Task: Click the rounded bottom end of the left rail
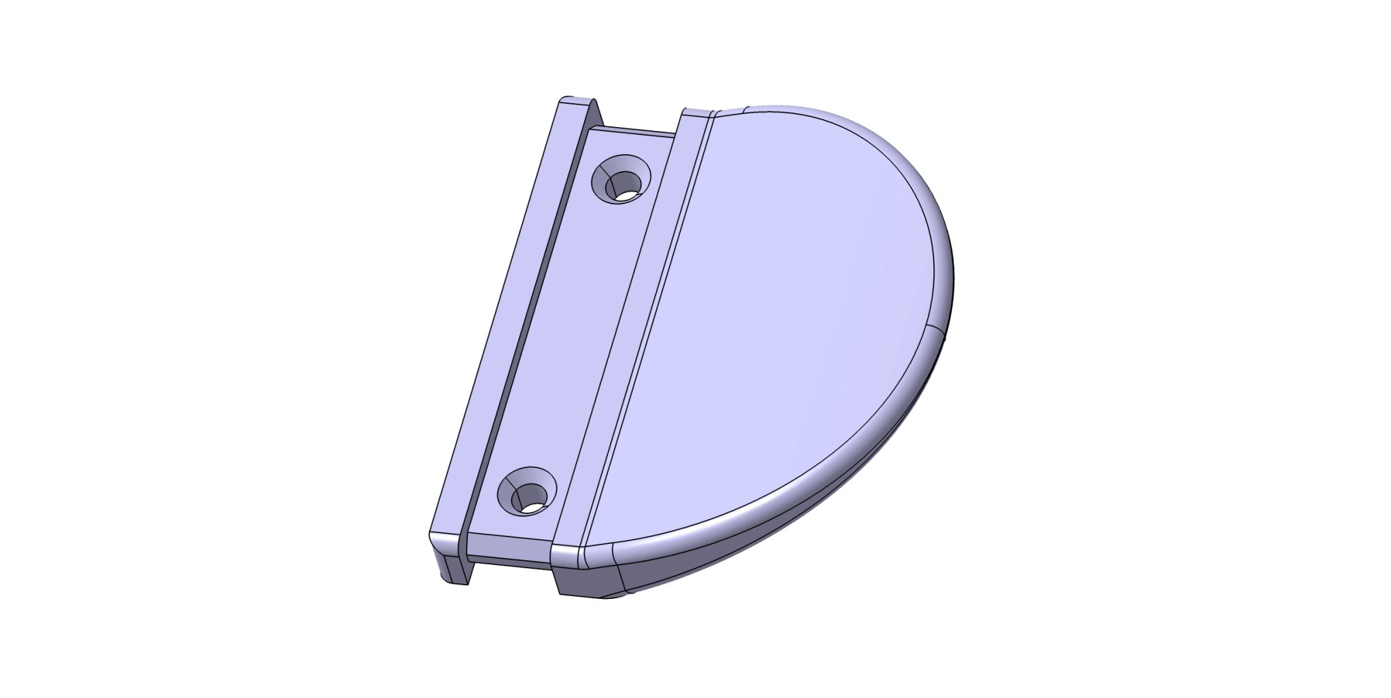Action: [445, 540]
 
